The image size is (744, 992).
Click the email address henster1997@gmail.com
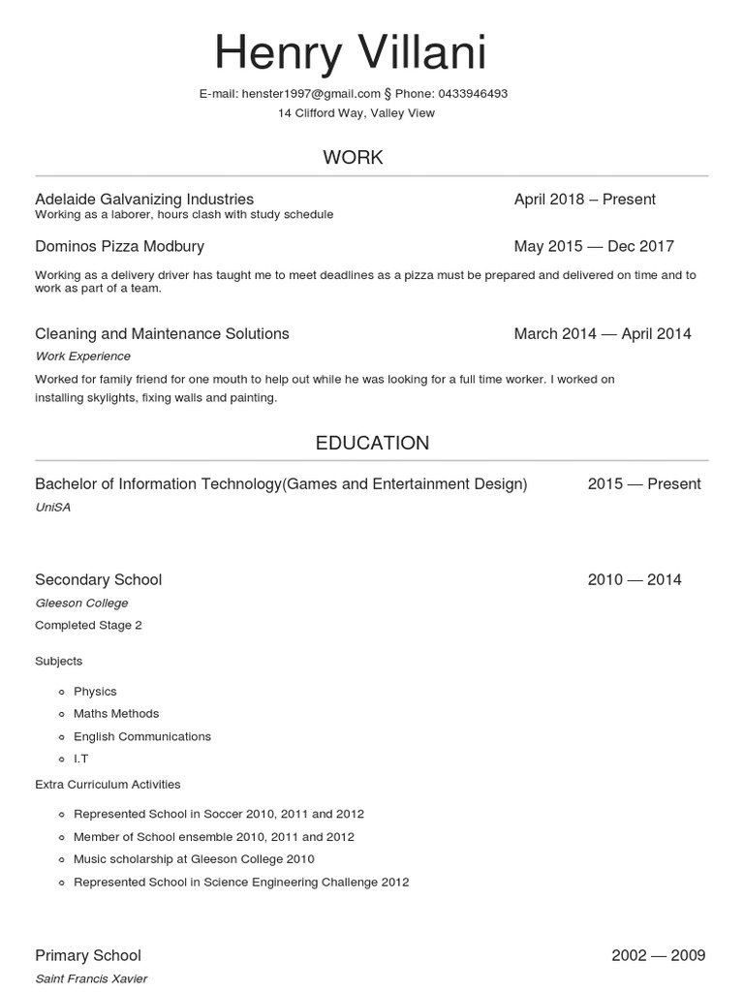click(311, 94)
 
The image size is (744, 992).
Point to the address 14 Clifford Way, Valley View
click(356, 113)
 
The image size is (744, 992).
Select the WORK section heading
click(353, 157)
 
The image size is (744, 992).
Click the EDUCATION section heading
click(372, 443)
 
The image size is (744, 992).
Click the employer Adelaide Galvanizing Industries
click(144, 199)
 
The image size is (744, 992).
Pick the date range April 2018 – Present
click(585, 199)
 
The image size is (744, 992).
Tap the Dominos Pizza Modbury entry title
click(119, 246)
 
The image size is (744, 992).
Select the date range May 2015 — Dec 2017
click(594, 246)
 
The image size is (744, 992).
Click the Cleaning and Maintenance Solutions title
click(162, 333)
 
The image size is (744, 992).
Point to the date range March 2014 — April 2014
click(603, 333)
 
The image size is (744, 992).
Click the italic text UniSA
click(52, 507)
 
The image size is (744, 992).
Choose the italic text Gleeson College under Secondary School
click(81, 603)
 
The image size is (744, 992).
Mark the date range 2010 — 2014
click(635, 579)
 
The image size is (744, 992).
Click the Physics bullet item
click(95, 691)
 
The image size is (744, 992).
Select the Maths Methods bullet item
click(116, 714)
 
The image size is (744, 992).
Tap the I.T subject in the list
click(80, 759)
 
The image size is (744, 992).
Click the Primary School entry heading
click(88, 955)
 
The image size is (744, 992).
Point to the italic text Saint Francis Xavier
click(91, 978)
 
